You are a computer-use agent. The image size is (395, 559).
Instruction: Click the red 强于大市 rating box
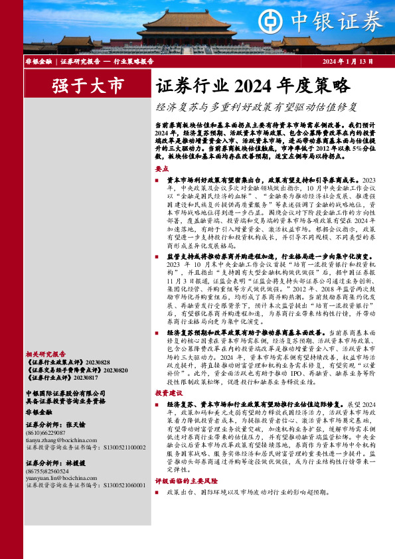pos(88,86)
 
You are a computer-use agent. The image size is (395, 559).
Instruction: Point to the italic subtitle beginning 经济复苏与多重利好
pos(257,106)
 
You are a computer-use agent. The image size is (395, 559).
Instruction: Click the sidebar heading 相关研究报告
pos(45,354)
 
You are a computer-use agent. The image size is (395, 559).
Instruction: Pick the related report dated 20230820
pos(77,370)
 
